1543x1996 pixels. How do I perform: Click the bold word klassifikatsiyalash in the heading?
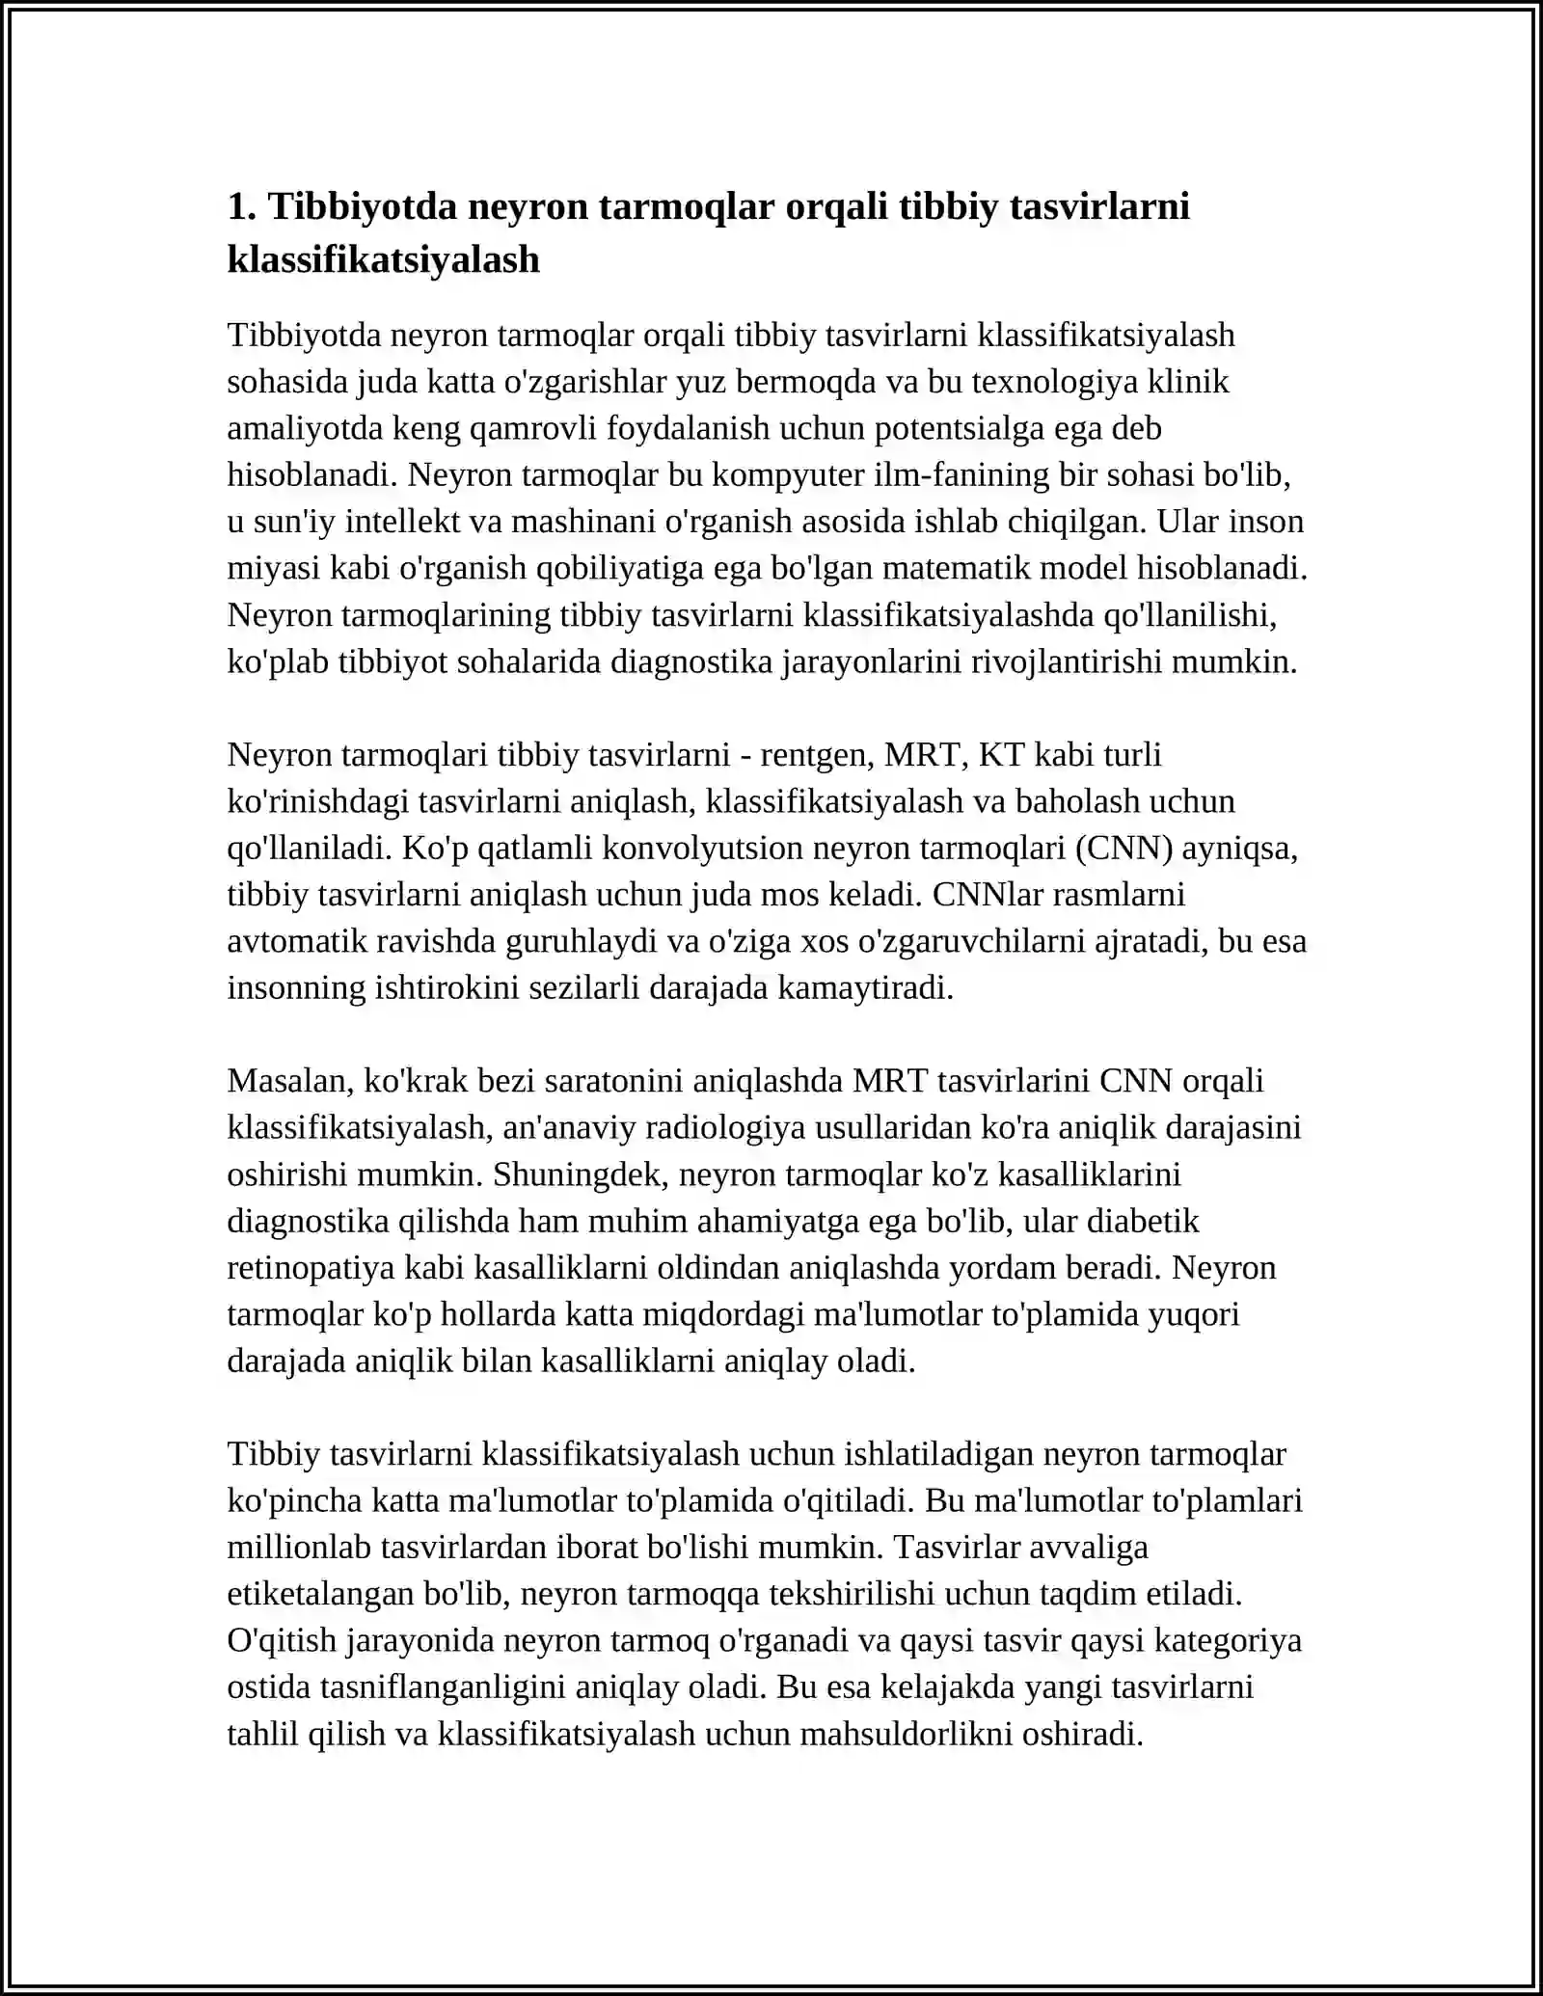[x=383, y=259]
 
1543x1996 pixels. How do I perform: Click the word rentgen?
[x=815, y=754]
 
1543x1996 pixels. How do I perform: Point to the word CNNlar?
[x=988, y=894]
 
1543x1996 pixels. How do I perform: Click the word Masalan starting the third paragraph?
[x=289, y=1081]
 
